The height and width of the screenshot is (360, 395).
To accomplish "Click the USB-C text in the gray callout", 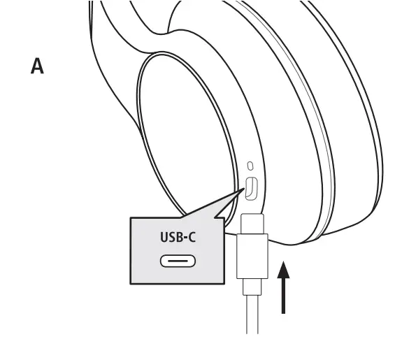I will (x=178, y=238).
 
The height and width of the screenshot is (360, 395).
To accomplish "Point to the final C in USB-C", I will (x=192, y=238).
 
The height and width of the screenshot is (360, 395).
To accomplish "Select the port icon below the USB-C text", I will (x=178, y=262).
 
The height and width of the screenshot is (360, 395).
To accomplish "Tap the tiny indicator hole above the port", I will (x=250, y=166).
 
